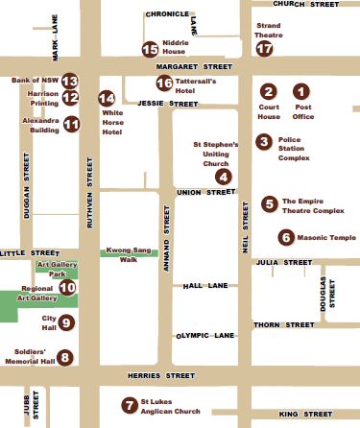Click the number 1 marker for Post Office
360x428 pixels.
pyautogui.click(x=301, y=91)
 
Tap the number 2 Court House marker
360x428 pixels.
pyautogui.click(x=269, y=91)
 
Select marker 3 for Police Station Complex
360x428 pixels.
pyautogui.click(x=263, y=142)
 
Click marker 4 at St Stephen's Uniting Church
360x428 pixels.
pyautogui.click(x=223, y=176)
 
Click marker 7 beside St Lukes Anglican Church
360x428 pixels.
pyautogui.click(x=129, y=404)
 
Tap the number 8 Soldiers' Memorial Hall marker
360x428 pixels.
pyautogui.click(x=65, y=358)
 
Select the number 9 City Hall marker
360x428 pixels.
pyautogui.click(x=65, y=322)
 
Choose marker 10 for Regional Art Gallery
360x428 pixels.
pyautogui.click(x=67, y=286)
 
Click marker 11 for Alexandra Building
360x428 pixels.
pyautogui.click(x=70, y=124)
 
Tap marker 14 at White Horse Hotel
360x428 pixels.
pyautogui.click(x=108, y=98)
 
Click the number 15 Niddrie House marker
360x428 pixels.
pyautogui.click(x=149, y=49)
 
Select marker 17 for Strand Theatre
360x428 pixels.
pyautogui.click(x=264, y=49)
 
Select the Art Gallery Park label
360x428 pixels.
pyautogui.click(x=57, y=268)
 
